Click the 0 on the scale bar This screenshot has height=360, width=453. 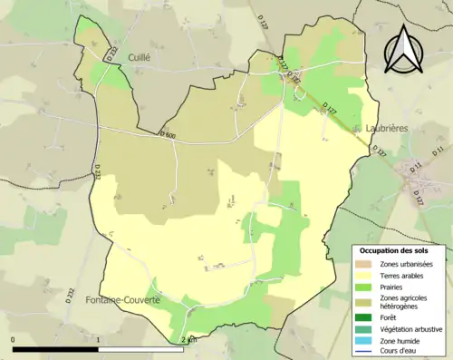click(14, 340)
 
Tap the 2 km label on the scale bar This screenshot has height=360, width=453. click(189, 340)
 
